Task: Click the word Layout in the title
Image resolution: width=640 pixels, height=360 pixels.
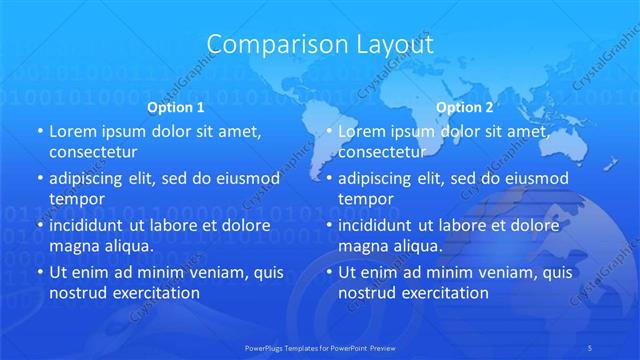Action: click(394, 45)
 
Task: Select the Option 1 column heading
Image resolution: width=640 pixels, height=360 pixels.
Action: click(176, 107)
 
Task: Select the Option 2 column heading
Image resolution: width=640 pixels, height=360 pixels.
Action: click(465, 107)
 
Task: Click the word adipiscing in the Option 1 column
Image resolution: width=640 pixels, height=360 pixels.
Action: click(92, 179)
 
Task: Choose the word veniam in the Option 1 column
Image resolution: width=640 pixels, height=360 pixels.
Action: click(203, 273)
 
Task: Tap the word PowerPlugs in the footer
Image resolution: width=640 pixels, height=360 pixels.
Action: click(267, 348)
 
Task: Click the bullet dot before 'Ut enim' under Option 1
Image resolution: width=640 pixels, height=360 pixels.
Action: click(39, 273)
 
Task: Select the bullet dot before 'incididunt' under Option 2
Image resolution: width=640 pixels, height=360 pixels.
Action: click(328, 226)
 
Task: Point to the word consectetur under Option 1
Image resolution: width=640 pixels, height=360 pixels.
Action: click(93, 152)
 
